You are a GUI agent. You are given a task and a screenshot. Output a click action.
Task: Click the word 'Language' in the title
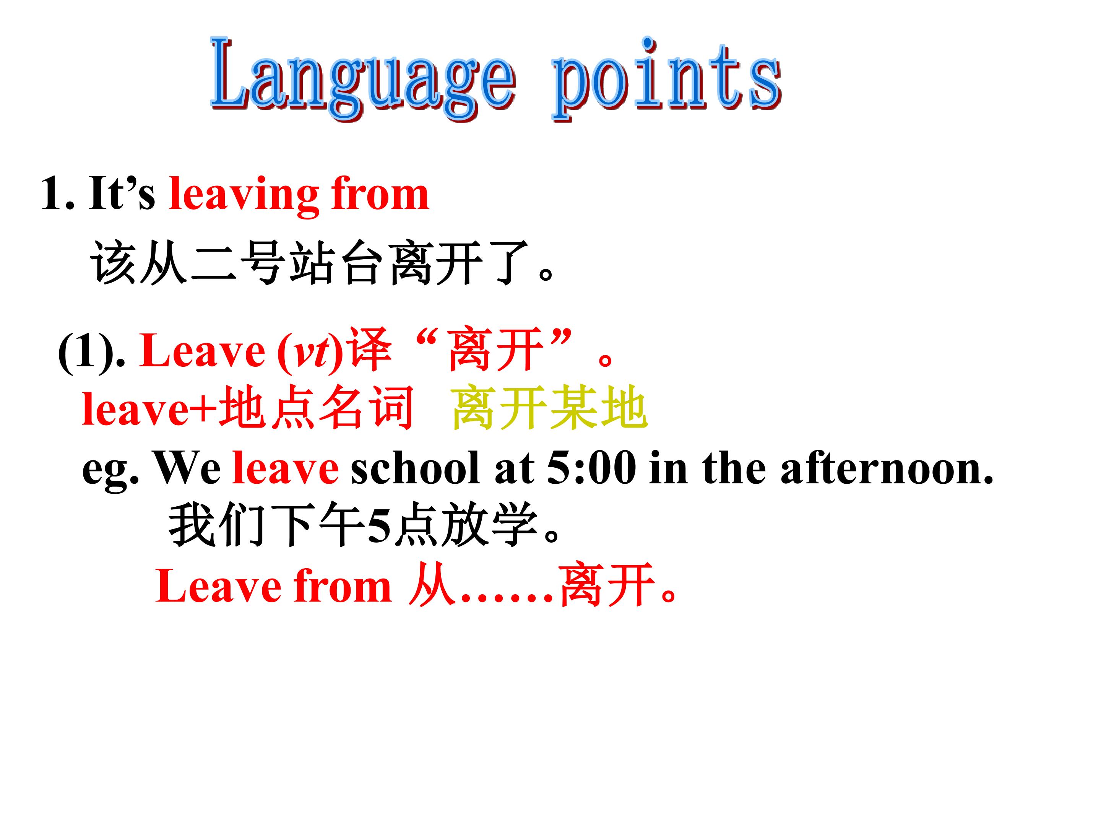point(363,80)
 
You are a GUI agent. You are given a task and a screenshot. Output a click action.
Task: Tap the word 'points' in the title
point(667,80)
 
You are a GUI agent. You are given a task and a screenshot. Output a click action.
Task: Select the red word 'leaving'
point(244,195)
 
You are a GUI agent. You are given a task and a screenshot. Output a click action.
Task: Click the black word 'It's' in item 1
point(122,193)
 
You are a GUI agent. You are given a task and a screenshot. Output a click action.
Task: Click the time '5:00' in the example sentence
point(591,468)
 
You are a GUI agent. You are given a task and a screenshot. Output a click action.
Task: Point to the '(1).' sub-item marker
point(92,353)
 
